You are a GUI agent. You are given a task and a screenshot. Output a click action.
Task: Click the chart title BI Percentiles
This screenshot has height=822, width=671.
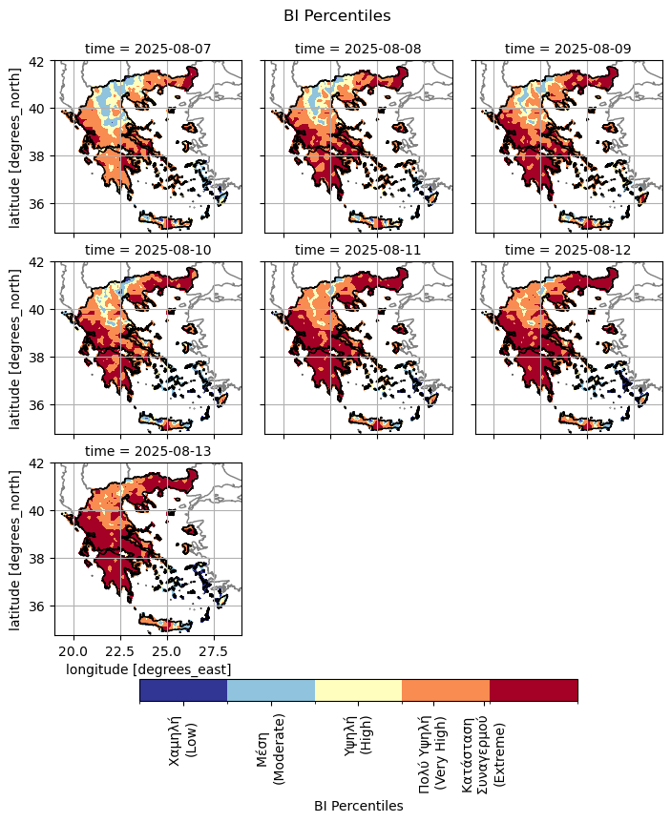coord(337,15)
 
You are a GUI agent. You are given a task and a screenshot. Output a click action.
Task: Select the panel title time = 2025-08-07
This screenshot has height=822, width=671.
coord(148,48)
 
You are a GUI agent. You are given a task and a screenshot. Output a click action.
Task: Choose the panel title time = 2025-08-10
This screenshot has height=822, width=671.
coord(148,249)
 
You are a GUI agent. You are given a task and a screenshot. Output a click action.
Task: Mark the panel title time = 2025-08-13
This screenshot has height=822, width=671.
coord(148,450)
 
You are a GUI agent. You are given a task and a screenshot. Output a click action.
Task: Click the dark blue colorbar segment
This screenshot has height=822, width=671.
coord(183,689)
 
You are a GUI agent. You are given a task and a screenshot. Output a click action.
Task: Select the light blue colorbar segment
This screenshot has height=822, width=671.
coord(271,689)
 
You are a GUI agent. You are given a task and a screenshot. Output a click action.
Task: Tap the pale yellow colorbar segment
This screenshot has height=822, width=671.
coord(359,689)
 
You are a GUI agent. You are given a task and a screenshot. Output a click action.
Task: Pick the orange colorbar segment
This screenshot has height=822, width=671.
coord(446,689)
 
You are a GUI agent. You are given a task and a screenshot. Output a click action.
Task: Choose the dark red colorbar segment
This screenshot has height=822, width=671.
coord(534,689)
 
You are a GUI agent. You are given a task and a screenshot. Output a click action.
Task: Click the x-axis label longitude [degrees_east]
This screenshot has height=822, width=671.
coord(148,669)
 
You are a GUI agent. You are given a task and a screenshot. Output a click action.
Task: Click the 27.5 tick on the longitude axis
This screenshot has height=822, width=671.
coord(214,650)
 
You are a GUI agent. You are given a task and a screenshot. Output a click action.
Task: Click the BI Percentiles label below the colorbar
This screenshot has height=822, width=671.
coord(358,806)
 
